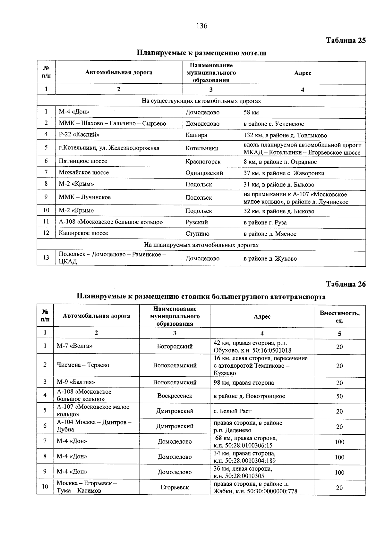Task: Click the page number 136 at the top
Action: tap(202, 26)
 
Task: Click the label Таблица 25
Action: tap(346, 40)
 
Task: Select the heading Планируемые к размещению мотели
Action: tap(201, 53)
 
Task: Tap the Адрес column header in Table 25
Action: tap(303, 73)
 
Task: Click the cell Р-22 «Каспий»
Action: tap(79, 135)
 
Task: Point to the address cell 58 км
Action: tap(251, 113)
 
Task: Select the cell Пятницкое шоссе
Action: tap(83, 161)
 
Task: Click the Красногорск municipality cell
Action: tap(203, 162)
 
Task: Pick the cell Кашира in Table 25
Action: tap(196, 135)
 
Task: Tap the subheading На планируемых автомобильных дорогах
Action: tap(201, 245)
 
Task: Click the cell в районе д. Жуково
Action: tap(270, 259)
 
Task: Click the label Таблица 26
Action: tap(346, 284)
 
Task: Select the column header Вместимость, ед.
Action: tap(339, 316)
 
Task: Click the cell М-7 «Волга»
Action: tap(74, 346)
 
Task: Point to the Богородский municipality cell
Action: tap(175, 347)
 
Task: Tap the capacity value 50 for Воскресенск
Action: tap(339, 396)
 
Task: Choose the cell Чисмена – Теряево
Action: tap(83, 365)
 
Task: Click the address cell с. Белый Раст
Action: tap(232, 411)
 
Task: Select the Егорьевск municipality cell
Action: tap(175, 488)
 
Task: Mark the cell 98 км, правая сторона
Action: tap(244, 383)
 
